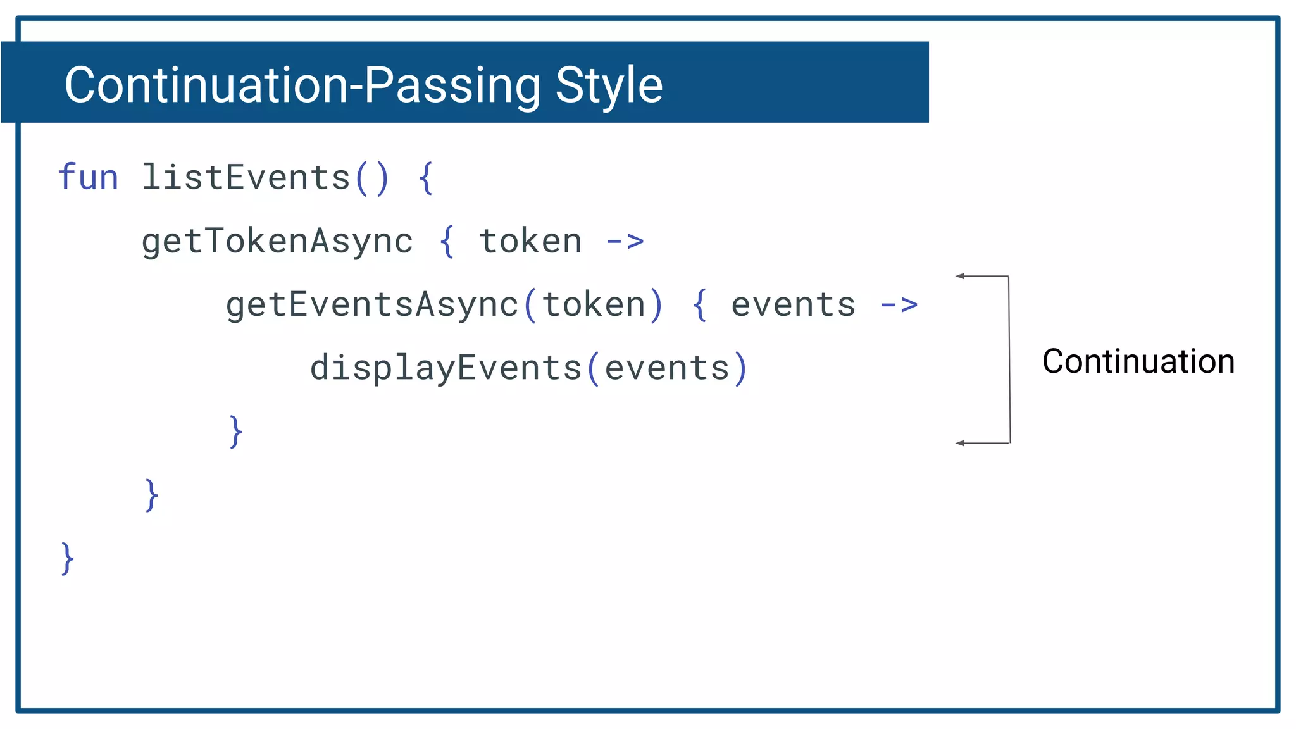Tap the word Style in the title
pyautogui.click(x=609, y=85)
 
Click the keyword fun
pyautogui.click(x=88, y=177)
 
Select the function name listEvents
pyautogui.click(x=246, y=177)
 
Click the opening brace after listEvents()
pyautogui.click(x=426, y=178)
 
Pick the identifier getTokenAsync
pyautogui.click(x=277, y=242)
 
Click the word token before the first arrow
pyautogui.click(x=530, y=242)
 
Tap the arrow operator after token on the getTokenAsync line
pyautogui.click(x=625, y=241)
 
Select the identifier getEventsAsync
pyautogui.click(x=372, y=305)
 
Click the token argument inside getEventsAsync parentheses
pyautogui.click(x=594, y=305)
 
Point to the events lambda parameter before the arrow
pyautogui.click(x=793, y=305)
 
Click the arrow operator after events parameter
pyautogui.click(x=899, y=305)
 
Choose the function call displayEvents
pyautogui.click(x=445, y=368)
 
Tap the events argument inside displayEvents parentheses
pyautogui.click(x=667, y=368)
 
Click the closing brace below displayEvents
pyautogui.click(x=235, y=432)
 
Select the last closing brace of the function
pyautogui.click(x=67, y=558)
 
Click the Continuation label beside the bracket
pyautogui.click(x=1138, y=361)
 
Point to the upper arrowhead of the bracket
pyautogui.click(x=960, y=276)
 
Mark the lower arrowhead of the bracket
pyautogui.click(x=960, y=443)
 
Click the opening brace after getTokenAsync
pyautogui.click(x=447, y=241)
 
